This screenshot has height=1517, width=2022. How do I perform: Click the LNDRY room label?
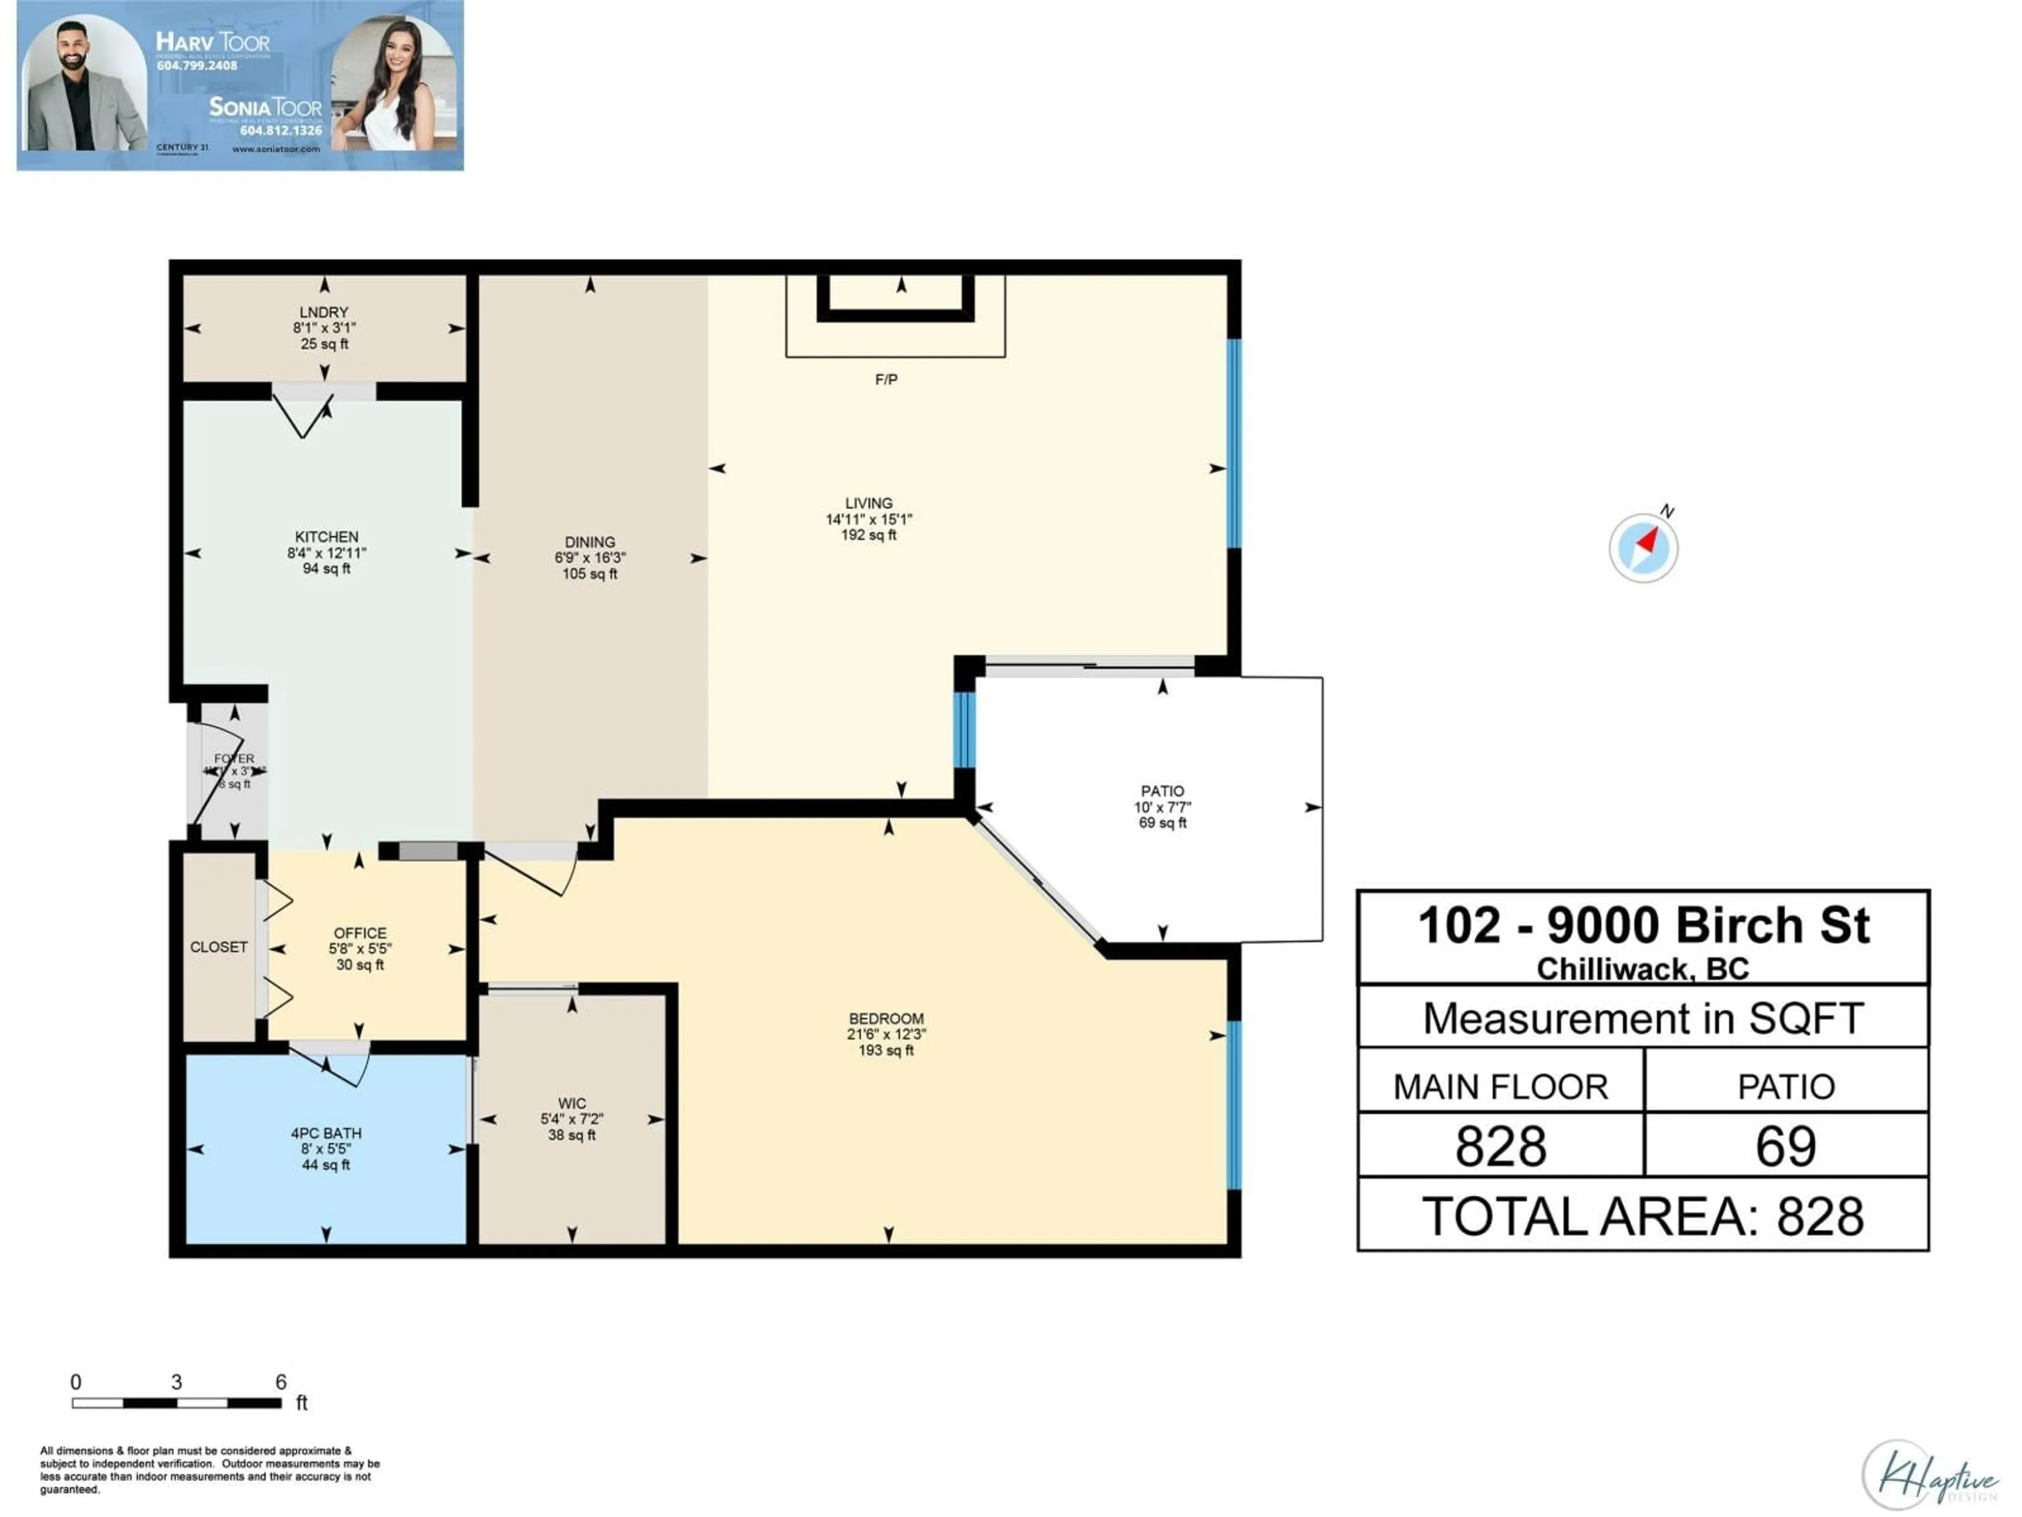pyautogui.click(x=324, y=312)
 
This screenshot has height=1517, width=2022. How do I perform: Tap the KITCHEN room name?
pyautogui.click(x=326, y=537)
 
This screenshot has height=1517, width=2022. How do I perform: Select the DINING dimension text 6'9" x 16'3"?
pyautogui.click(x=590, y=558)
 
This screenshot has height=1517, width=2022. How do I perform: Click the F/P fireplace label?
pyautogui.click(x=886, y=379)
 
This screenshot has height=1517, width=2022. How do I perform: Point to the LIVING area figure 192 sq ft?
pyautogui.click(x=868, y=535)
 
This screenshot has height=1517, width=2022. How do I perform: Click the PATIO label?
pyautogui.click(x=1162, y=791)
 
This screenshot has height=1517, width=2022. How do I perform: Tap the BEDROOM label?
pyautogui.click(x=886, y=1019)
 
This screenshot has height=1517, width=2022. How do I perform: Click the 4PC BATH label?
pyautogui.click(x=326, y=1133)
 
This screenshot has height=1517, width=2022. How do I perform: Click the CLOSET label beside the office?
pyautogui.click(x=219, y=947)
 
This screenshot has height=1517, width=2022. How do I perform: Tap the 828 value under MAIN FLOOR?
pyautogui.click(x=1500, y=1146)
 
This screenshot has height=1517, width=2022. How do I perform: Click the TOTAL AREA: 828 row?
pyautogui.click(x=1643, y=1216)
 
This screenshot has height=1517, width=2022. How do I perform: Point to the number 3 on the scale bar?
pyautogui.click(x=176, y=1382)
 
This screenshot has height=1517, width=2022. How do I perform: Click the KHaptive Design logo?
pyautogui.click(x=1929, y=1474)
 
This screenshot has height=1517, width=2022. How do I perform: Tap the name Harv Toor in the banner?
pyautogui.click(x=213, y=42)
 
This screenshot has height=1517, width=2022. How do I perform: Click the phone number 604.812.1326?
pyautogui.click(x=281, y=131)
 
